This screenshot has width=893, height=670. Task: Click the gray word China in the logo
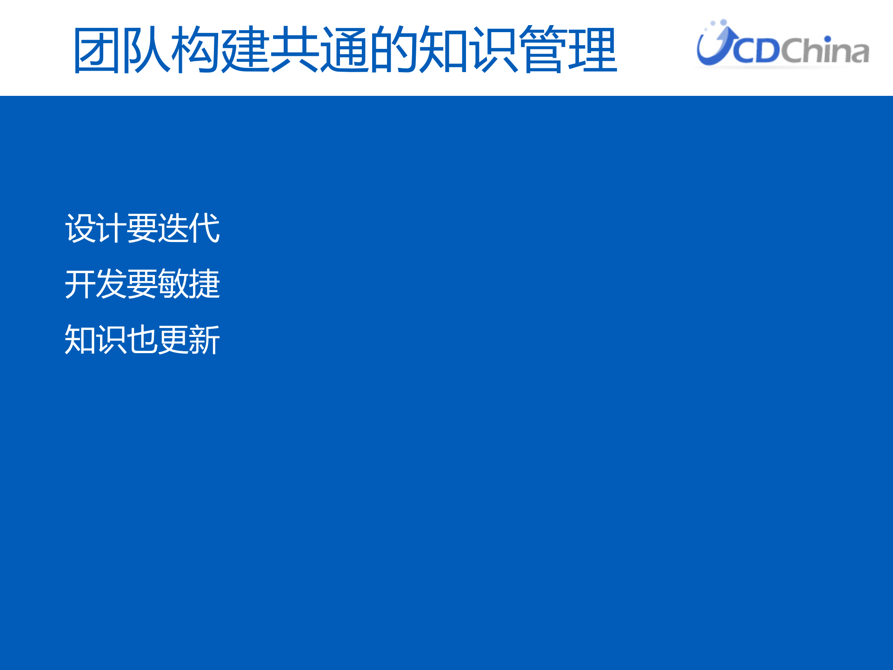(x=825, y=50)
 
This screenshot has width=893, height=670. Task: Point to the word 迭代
(x=188, y=228)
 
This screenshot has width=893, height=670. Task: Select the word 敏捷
(x=188, y=284)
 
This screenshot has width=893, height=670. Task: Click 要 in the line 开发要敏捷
(x=142, y=284)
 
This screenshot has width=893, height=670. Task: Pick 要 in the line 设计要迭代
(x=142, y=228)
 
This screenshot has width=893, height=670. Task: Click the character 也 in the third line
(x=142, y=340)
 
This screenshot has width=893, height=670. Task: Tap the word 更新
(x=188, y=340)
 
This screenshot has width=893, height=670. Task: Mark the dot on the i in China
(x=827, y=40)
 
